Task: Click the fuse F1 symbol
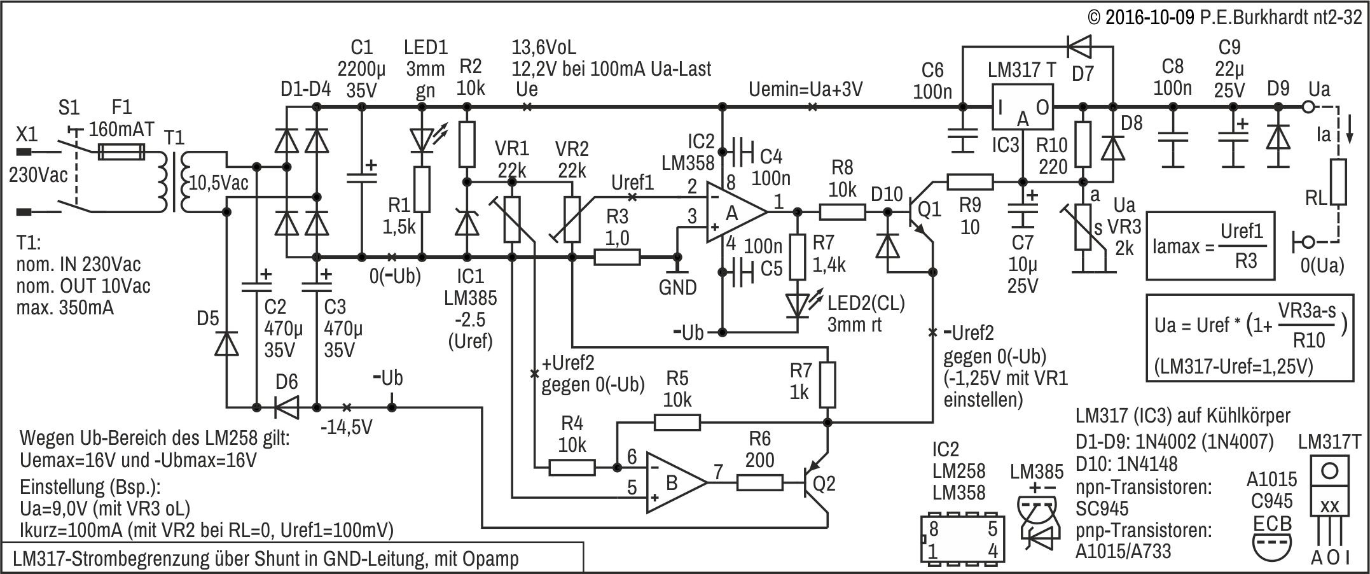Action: (x=122, y=153)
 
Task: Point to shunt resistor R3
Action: (x=617, y=257)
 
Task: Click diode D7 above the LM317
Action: (x=1079, y=46)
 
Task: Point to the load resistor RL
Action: (x=1338, y=182)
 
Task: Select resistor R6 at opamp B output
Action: (x=759, y=483)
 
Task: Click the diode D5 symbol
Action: (x=226, y=344)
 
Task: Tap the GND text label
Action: (x=677, y=288)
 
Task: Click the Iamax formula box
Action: (x=1210, y=246)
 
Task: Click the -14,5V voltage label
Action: (x=346, y=426)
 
